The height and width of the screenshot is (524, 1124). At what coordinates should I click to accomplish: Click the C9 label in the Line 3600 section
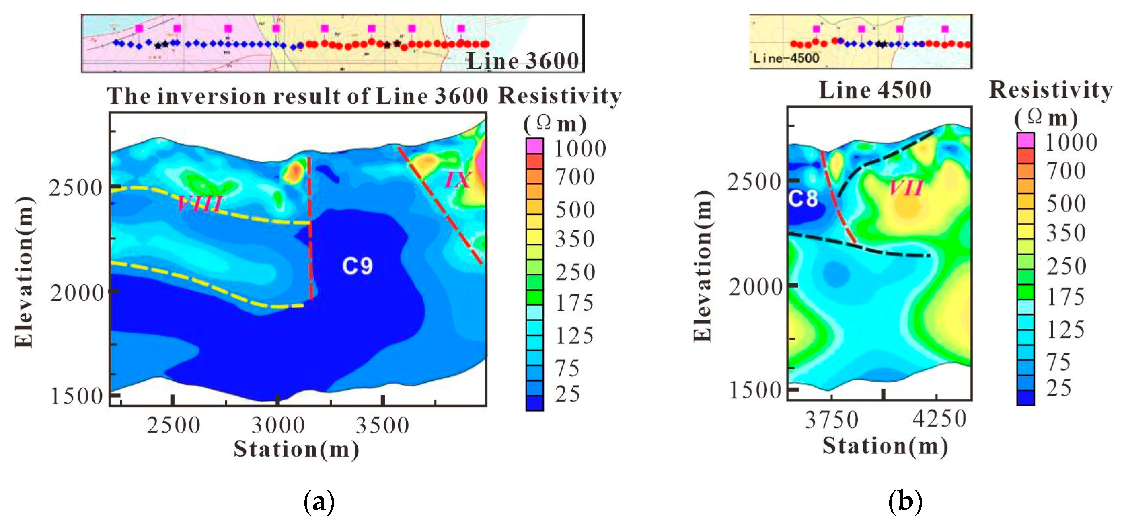[358, 265]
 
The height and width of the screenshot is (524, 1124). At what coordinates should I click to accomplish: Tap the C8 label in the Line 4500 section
[803, 199]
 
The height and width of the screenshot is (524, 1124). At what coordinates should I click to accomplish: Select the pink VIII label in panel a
[200, 204]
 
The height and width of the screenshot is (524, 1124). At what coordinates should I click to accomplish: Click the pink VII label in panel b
[906, 188]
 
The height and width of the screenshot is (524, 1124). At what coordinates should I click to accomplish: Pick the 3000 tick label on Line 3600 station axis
[278, 425]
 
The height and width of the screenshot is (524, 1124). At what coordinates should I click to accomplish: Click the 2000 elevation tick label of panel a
[77, 293]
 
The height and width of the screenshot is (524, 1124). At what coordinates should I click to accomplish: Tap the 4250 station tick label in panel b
[939, 419]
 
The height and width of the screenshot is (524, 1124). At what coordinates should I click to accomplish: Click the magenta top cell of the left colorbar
[534, 145]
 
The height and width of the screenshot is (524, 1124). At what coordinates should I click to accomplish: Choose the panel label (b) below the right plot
[905, 501]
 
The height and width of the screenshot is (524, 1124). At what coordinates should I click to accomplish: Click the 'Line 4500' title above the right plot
[875, 90]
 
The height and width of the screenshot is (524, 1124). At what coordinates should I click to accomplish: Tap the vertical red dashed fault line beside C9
[310, 227]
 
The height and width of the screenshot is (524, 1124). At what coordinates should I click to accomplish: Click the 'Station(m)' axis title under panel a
[296, 449]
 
